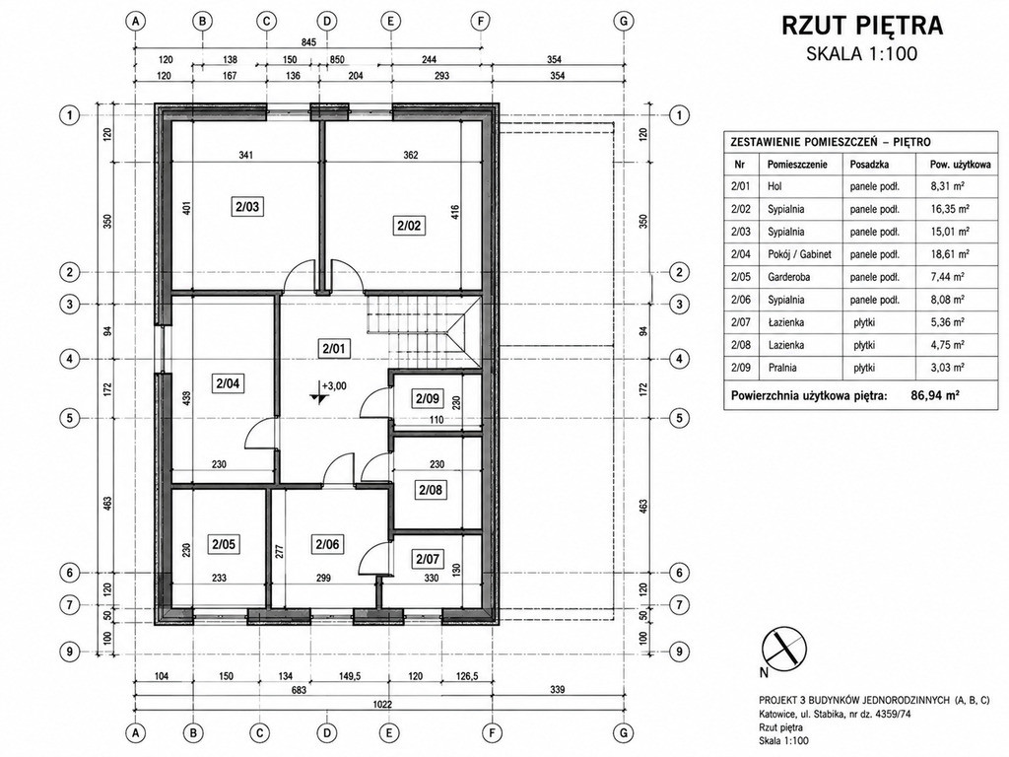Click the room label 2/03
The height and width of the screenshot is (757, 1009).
click(x=247, y=207)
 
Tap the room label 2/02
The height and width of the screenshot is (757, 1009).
click(x=409, y=226)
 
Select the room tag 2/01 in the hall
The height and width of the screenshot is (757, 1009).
click(x=334, y=349)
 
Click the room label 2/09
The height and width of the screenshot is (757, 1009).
click(x=428, y=398)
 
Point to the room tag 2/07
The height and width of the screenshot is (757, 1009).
click(x=428, y=559)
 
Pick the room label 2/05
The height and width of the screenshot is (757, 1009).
click(x=224, y=544)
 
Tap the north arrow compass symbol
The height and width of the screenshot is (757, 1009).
click(x=783, y=648)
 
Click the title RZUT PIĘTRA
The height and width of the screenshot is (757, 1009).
click(x=862, y=25)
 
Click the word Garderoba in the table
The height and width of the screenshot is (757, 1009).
click(x=788, y=277)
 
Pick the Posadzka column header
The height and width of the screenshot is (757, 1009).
click(x=869, y=165)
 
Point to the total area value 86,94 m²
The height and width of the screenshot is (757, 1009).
click(x=935, y=395)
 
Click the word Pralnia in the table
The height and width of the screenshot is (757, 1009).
click(x=781, y=368)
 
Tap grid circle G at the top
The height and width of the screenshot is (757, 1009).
click(x=623, y=21)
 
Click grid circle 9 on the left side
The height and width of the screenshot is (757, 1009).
click(x=70, y=652)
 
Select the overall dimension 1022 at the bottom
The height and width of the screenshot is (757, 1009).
click(x=382, y=704)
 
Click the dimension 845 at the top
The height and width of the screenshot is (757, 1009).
click(x=308, y=42)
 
